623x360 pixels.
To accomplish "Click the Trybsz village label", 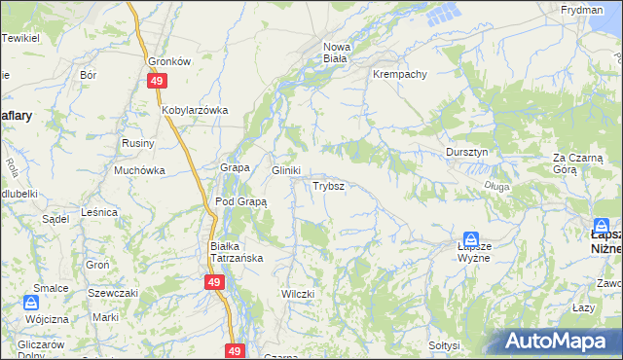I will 326,185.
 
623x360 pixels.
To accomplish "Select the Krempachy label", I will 399,74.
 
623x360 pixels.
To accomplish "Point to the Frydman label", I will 582,9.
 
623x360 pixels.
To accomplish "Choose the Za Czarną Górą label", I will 578,162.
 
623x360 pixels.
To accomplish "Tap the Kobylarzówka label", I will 195,110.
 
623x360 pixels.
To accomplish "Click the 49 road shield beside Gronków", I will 156,83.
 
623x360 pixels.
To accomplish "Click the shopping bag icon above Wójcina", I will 33,304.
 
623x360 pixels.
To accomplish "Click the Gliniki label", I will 285,169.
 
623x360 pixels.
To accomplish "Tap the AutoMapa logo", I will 559,342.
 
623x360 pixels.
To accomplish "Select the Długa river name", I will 496,185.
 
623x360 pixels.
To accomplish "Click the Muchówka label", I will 139,169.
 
